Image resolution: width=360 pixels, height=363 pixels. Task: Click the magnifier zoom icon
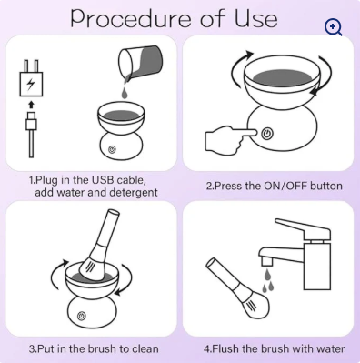click(x=333, y=27)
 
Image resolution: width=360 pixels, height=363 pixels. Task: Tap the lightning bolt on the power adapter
click(x=31, y=84)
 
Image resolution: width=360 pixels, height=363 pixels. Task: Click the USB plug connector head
click(x=31, y=121)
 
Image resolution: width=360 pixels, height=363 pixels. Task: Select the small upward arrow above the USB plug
click(x=31, y=105)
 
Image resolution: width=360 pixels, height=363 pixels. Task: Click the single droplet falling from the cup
click(x=125, y=93)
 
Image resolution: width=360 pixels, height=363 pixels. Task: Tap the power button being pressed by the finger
click(x=266, y=134)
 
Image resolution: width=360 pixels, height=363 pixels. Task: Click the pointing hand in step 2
click(x=231, y=138)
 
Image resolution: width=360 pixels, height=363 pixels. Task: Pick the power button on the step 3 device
click(x=81, y=316)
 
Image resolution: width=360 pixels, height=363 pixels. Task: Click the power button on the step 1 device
click(x=112, y=149)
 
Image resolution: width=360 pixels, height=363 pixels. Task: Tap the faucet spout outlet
click(x=266, y=260)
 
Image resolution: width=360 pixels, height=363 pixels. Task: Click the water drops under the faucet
click(x=267, y=281)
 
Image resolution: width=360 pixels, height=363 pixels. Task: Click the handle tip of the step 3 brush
click(x=112, y=213)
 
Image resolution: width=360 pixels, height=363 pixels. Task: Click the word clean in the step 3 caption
click(x=145, y=348)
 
